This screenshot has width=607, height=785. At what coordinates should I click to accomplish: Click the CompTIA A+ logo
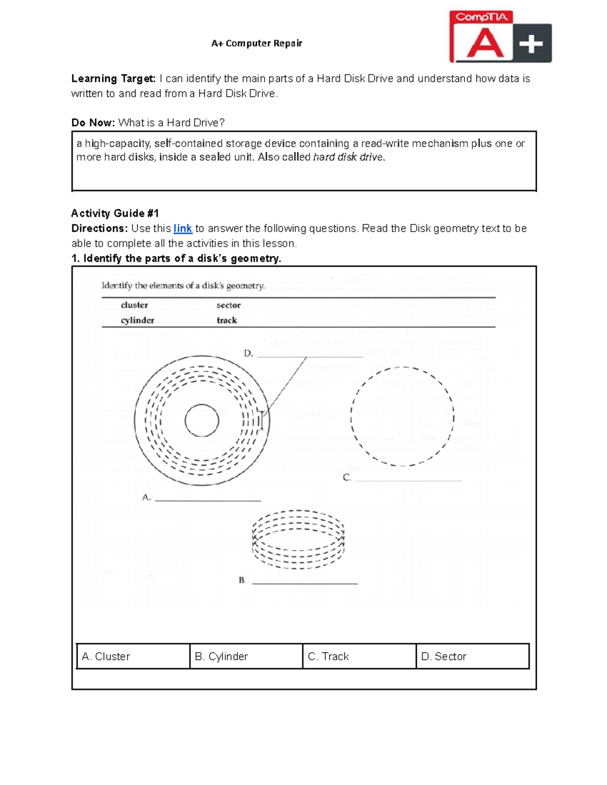click(x=500, y=37)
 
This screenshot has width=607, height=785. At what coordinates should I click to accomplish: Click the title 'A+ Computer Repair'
click(x=256, y=43)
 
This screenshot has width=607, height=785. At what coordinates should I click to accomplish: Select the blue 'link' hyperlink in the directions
click(x=183, y=228)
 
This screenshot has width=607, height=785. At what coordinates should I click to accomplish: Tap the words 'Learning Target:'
click(x=113, y=79)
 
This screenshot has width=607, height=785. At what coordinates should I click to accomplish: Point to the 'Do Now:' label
click(x=93, y=123)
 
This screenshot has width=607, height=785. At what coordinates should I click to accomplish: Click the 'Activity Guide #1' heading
click(x=115, y=213)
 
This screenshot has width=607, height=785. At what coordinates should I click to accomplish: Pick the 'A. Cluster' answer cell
click(x=133, y=656)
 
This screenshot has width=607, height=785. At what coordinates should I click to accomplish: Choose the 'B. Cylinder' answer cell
click(x=246, y=656)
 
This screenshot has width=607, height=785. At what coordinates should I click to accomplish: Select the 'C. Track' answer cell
click(x=359, y=656)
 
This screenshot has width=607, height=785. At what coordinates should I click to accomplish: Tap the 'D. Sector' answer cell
click(x=472, y=656)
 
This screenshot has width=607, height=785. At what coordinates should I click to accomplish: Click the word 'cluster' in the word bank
click(x=134, y=305)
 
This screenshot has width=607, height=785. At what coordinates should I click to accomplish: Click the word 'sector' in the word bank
click(x=229, y=305)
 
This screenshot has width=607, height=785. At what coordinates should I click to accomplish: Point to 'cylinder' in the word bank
click(x=137, y=320)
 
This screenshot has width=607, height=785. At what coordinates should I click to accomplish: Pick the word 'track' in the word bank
click(x=227, y=320)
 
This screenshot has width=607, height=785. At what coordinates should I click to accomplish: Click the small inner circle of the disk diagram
click(x=202, y=421)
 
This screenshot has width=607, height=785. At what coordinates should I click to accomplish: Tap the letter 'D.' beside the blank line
click(x=248, y=353)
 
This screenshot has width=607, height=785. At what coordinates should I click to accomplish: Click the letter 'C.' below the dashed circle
click(x=347, y=478)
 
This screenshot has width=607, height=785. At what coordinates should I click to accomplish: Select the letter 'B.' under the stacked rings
click(x=242, y=580)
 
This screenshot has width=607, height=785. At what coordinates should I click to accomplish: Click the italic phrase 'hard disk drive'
click(x=349, y=157)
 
